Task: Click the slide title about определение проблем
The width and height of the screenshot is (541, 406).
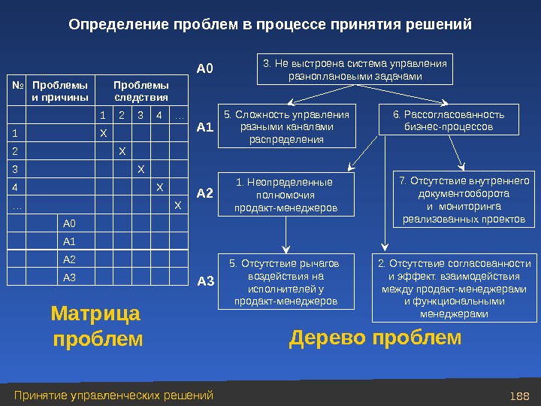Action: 270,25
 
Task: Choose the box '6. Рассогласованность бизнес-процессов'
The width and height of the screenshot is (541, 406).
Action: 449,120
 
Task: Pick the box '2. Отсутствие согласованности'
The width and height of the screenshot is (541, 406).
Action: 454,289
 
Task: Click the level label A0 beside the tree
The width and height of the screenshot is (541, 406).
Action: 205,69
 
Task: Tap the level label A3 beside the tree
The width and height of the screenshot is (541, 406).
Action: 205,282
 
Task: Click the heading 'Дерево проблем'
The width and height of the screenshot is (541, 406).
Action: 375,339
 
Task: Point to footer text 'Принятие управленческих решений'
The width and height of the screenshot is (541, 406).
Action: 114,395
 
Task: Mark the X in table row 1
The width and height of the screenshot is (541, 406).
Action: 104,133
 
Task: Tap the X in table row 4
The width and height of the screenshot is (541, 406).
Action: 159,187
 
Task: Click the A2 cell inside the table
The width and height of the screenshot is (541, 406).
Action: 70,259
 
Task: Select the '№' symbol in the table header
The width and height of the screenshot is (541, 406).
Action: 16,85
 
